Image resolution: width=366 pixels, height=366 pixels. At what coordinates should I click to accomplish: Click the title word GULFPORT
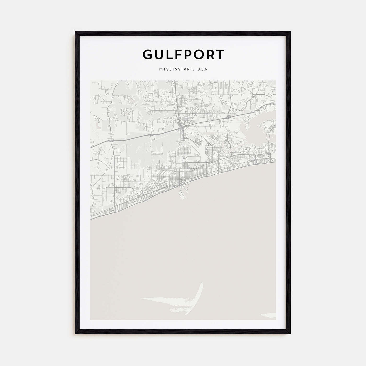(x=183, y=54)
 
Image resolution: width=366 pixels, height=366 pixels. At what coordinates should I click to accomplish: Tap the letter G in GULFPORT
(x=148, y=54)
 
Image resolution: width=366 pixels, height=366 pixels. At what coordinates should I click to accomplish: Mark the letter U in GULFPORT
(x=160, y=54)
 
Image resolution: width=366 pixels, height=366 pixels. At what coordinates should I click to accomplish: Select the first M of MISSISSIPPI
(x=160, y=69)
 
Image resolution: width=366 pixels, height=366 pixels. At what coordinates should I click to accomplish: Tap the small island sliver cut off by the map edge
(x=269, y=314)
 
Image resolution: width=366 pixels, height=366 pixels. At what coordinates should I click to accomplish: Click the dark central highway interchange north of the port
(x=182, y=128)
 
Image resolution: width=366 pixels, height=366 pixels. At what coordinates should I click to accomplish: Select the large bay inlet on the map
(x=255, y=128)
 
